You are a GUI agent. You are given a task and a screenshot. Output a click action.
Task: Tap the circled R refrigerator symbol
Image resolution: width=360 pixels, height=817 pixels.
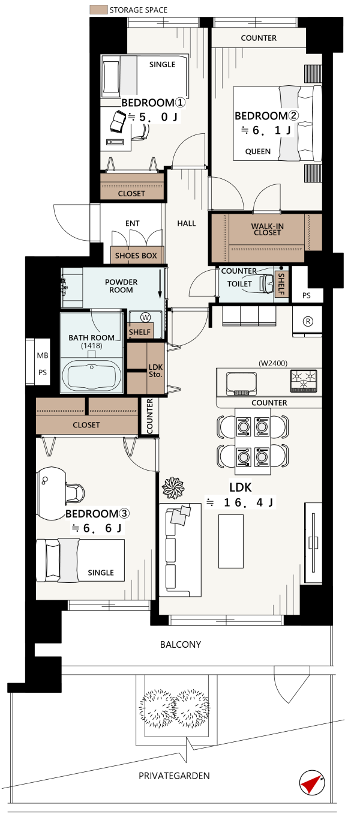pos(308,321)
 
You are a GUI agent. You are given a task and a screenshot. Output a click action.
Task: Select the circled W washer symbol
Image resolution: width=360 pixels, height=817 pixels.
pos(145,318)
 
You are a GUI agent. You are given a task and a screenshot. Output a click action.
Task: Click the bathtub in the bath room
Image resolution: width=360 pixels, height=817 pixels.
pos(92,376)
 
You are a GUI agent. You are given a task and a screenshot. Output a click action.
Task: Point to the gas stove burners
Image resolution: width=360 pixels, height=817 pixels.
pos(304,381)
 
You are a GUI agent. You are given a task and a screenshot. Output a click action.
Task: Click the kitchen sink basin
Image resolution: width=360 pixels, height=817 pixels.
pos(241,384)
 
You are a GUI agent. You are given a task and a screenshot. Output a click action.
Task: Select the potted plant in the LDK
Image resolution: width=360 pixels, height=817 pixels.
pos(173,488)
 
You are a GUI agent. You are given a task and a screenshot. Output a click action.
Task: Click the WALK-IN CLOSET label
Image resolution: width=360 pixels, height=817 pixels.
pos(268,229)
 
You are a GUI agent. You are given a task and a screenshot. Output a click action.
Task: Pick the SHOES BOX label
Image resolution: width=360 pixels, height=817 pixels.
pos(136,256)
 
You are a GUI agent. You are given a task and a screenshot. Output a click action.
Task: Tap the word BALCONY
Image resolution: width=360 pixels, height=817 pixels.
pos(181,645)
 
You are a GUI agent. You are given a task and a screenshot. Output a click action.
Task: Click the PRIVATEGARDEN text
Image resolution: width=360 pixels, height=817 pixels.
pos(174,776)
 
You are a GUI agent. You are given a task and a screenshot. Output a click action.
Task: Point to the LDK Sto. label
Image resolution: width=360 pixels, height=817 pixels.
pos(155,370)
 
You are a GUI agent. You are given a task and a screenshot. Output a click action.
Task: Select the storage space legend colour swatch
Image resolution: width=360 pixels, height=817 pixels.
pos(98,10)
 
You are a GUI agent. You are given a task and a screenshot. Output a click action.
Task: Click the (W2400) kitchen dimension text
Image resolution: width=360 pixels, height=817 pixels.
pos(273,363)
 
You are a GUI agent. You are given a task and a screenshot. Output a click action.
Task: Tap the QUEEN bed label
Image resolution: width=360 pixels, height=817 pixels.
pos(258,151)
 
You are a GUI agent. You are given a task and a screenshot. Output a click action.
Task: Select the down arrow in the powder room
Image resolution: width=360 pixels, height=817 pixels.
pos(160,284)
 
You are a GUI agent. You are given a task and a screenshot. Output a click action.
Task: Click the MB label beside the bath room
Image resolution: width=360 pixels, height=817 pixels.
pos(43,355)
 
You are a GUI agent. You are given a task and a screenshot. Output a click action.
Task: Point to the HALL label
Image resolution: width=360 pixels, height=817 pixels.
pos(187,223)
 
